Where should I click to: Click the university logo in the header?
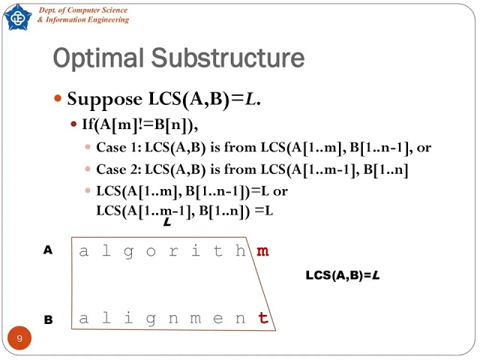click(17, 16)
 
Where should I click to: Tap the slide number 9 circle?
click(19, 339)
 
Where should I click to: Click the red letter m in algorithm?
click(262, 251)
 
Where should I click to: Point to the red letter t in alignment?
click(263, 318)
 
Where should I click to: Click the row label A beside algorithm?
click(48, 251)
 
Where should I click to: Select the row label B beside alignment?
click(48, 319)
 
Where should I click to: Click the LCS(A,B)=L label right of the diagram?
click(342, 275)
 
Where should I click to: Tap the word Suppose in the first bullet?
click(105, 99)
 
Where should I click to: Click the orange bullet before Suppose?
click(59, 99)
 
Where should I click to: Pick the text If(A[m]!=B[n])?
click(144, 124)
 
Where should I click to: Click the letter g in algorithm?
click(128, 252)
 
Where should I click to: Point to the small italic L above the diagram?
click(166, 222)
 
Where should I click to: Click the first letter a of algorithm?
click(84, 251)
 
